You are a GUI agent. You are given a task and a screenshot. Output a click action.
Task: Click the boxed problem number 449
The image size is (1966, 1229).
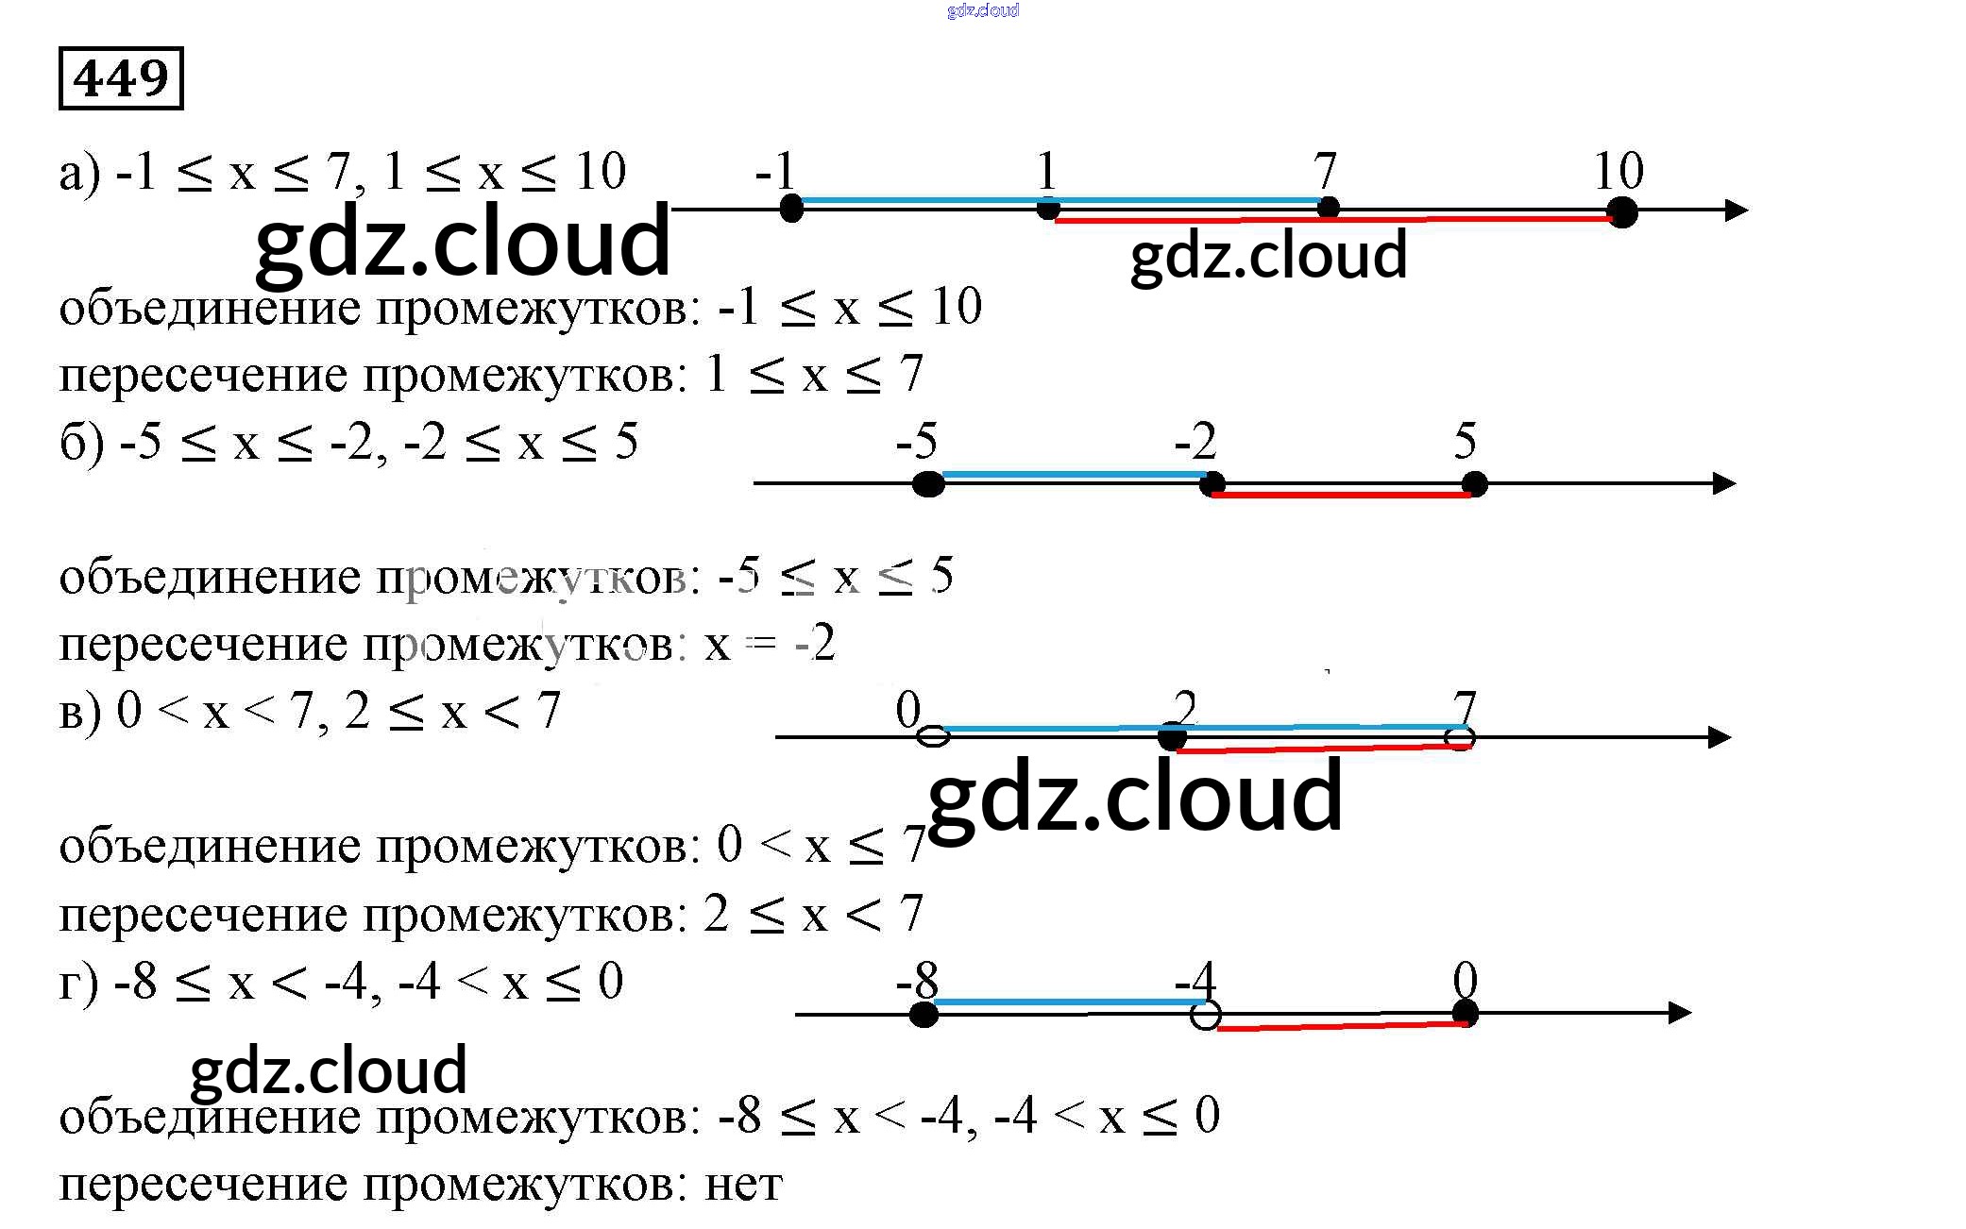pyautogui.click(x=121, y=78)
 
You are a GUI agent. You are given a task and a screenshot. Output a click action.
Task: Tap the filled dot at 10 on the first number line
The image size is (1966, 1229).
pyautogui.click(x=1621, y=212)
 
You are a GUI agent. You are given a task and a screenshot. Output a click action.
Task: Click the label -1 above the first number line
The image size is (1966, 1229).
pyautogui.click(x=776, y=172)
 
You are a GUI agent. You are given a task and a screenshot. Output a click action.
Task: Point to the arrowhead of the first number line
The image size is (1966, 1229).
pyautogui.click(x=1736, y=210)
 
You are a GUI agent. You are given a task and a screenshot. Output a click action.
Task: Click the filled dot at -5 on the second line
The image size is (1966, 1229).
pyautogui.click(x=928, y=484)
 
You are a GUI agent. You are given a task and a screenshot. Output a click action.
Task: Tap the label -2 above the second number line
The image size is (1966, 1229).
pyautogui.click(x=1195, y=441)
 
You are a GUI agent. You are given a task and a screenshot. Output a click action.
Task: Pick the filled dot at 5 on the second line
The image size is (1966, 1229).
pyautogui.click(x=1473, y=484)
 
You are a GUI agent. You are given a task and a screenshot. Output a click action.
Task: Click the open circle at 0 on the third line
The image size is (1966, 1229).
pyautogui.click(x=934, y=736)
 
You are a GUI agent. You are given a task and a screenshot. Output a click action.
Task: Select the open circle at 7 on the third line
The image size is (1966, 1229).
pyautogui.click(x=1460, y=737)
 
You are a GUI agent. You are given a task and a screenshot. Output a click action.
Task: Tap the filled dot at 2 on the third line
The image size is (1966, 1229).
pyautogui.click(x=1172, y=737)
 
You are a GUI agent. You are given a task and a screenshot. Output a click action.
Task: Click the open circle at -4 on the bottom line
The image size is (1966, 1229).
pyautogui.click(x=1205, y=1015)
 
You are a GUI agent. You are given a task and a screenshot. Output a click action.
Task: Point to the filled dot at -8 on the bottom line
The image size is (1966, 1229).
pyautogui.click(x=924, y=1015)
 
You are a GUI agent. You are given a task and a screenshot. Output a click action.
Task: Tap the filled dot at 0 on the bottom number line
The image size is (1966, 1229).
pyautogui.click(x=1465, y=1014)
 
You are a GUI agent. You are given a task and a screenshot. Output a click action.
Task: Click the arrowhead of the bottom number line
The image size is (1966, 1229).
pyautogui.click(x=1679, y=1013)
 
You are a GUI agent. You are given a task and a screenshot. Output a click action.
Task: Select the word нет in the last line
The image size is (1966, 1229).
pyautogui.click(x=744, y=1185)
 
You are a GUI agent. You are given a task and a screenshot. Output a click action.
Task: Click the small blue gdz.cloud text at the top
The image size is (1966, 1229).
pyautogui.click(x=983, y=10)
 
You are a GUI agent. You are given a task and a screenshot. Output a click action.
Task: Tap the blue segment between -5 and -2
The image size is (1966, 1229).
pyautogui.click(x=1076, y=475)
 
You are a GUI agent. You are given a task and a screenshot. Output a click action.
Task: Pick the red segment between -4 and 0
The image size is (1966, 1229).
pyautogui.click(x=1342, y=1025)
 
